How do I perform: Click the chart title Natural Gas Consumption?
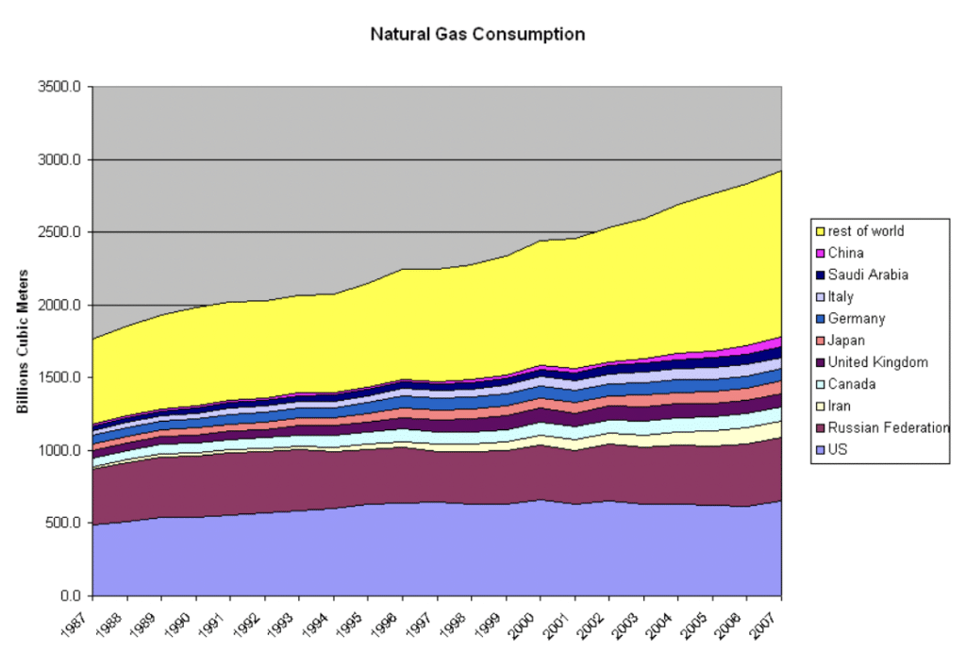click(476, 35)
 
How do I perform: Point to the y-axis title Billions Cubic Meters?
click(24, 342)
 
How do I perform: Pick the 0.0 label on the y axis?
click(72, 595)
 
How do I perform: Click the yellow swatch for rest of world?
click(821, 231)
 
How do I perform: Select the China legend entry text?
click(846, 253)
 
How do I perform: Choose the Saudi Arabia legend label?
click(868, 275)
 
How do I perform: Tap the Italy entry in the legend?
click(841, 296)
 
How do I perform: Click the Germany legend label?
click(857, 319)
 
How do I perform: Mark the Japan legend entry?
click(846, 341)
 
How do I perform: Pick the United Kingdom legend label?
click(877, 362)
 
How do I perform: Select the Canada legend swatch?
click(821, 384)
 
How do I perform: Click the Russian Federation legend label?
click(888, 428)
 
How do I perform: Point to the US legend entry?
click(839, 450)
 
